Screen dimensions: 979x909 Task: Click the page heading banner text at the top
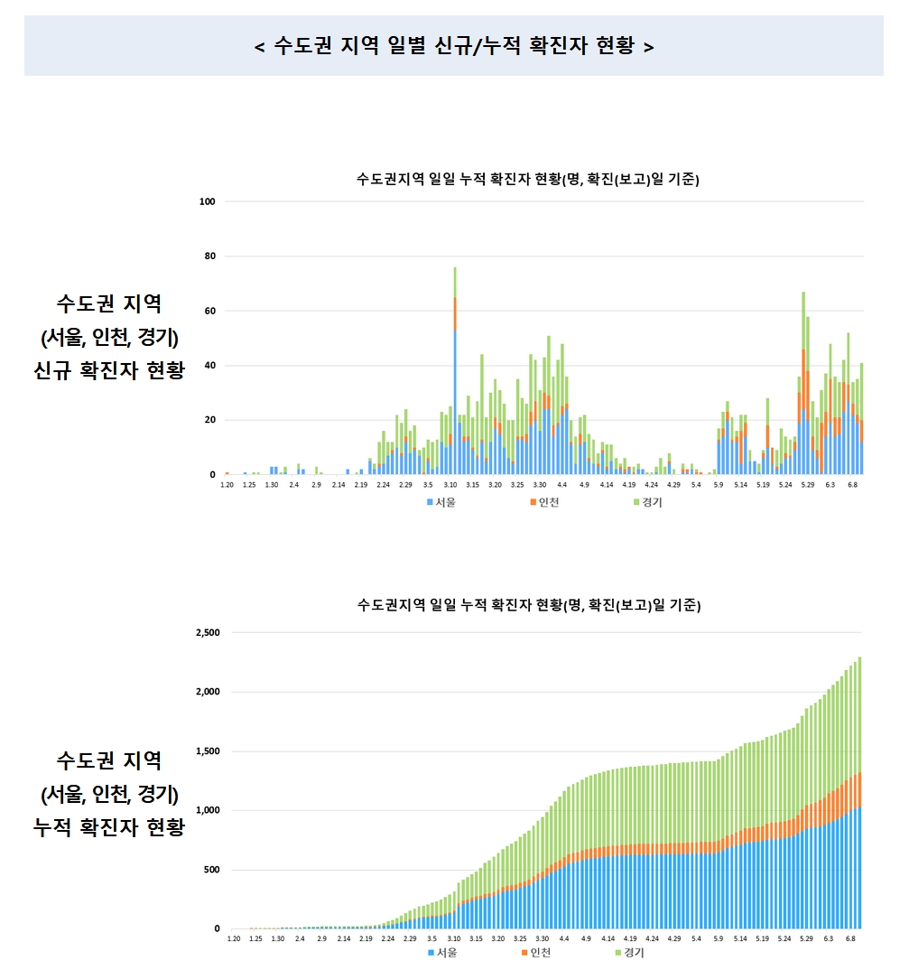454,45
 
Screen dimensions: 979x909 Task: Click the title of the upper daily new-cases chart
529,180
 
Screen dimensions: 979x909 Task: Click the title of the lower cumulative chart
529,604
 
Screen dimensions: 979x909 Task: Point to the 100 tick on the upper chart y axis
208,201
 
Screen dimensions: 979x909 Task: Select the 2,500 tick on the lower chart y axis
208,632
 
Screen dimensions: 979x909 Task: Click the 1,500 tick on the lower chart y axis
208,751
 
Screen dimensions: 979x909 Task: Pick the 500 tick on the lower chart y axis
211,870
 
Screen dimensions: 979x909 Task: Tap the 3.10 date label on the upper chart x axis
450,486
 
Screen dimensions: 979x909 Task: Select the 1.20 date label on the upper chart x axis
227,486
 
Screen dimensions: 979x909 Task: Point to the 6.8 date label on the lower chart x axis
850,939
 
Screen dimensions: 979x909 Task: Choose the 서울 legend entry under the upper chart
441,502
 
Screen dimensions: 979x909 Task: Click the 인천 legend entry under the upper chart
543,502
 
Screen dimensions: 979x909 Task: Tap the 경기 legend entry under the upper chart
646,502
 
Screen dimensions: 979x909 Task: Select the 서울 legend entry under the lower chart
441,953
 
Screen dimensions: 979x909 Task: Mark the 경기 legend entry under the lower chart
630,953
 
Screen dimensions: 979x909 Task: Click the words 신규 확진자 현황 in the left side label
108,370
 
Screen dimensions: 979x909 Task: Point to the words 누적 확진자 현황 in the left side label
108,827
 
